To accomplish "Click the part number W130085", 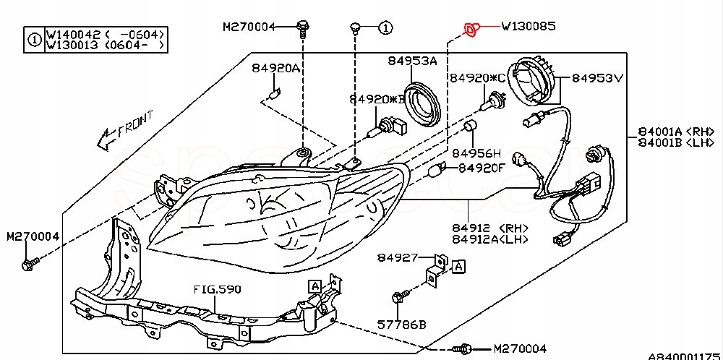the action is [529, 26].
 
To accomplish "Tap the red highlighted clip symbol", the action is [471, 30].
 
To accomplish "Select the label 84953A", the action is [412, 61].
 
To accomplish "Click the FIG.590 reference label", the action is [217, 290].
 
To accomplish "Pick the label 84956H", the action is [476, 153].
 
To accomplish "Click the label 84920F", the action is [482, 168].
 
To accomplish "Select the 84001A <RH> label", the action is [677, 132].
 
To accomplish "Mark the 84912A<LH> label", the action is [489, 239].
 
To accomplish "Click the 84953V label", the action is [598, 78].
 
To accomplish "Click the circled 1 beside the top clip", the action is [385, 28].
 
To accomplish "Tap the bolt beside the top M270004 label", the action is [302, 29].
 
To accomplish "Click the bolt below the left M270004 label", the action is [30, 264].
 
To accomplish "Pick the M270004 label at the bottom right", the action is [520, 348].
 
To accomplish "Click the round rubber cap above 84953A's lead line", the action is [422, 103].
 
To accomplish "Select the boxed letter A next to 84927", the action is [458, 266].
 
